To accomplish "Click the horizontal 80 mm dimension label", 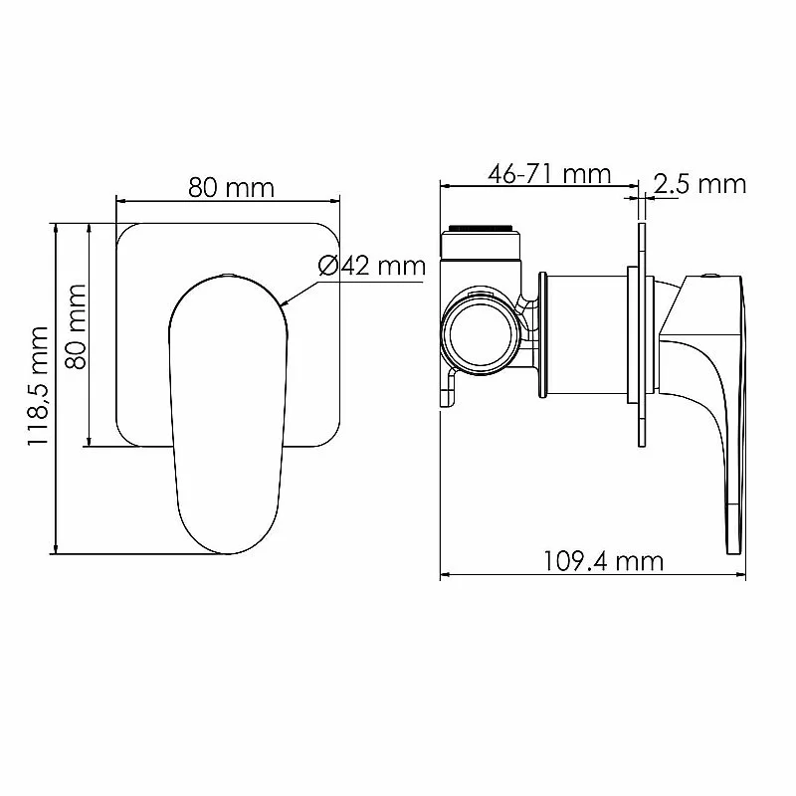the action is pyautogui.click(x=232, y=187).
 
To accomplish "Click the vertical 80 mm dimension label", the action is pyautogui.click(x=77, y=326).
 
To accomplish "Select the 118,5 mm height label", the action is pyautogui.click(x=38, y=386).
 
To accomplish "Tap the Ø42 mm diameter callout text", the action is pyautogui.click(x=372, y=265).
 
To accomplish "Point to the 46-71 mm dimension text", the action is pyautogui.click(x=549, y=174).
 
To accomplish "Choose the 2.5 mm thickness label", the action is pyautogui.click(x=700, y=184).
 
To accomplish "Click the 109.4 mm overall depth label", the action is pyautogui.click(x=604, y=561).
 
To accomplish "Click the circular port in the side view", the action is pyautogui.click(x=480, y=335).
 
